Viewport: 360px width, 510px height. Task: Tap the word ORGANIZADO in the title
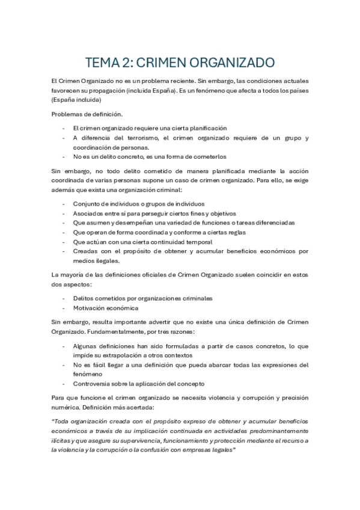(235, 62)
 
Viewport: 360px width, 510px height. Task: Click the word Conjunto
(86, 203)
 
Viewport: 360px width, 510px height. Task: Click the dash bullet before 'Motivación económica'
(64, 308)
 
